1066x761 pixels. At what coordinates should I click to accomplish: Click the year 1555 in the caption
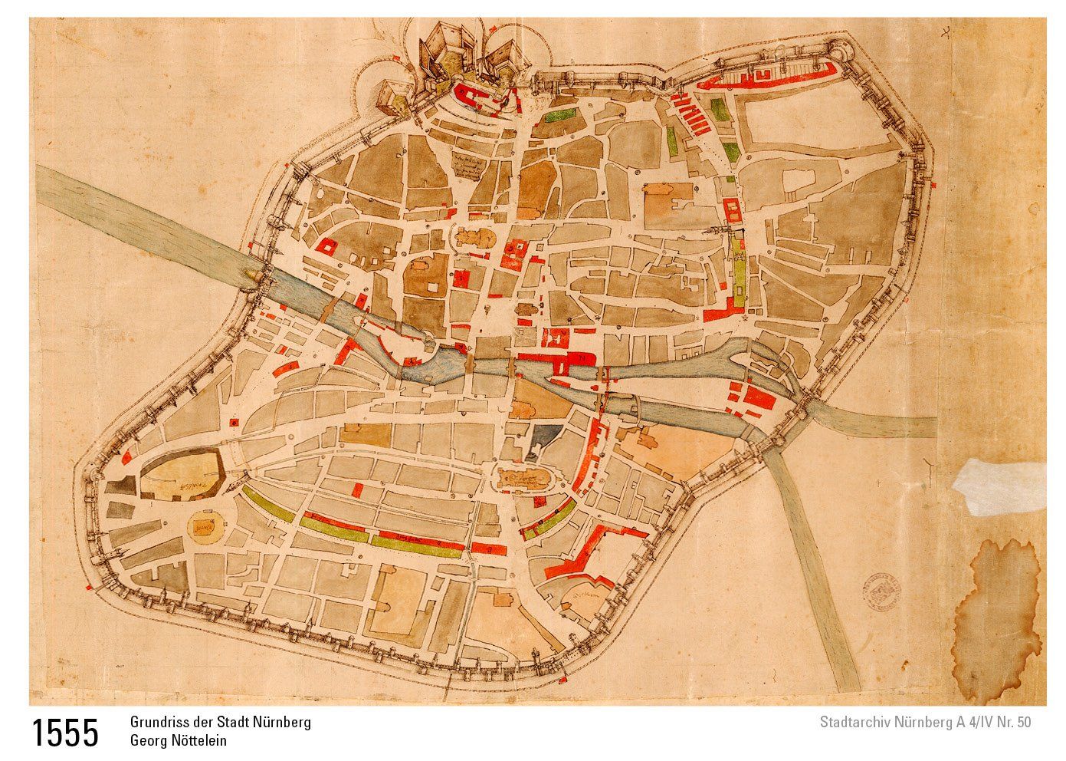click(65, 733)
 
